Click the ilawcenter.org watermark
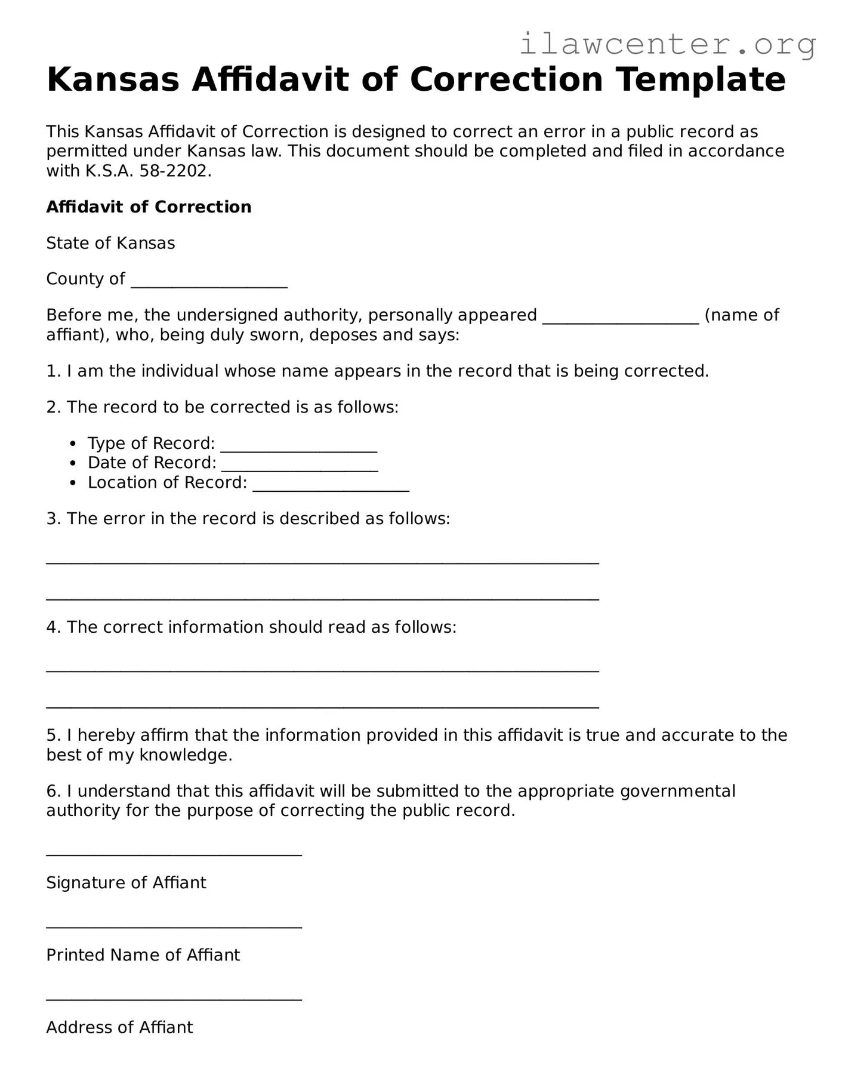pyautogui.click(x=667, y=44)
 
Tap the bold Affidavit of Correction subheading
pyautogui.click(x=149, y=207)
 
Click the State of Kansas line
pyautogui.click(x=110, y=244)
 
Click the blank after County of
pyautogui.click(x=209, y=282)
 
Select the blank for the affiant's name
pyautogui.click(x=620, y=318)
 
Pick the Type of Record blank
pyautogui.click(x=298, y=446)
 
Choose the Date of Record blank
pyautogui.click(x=300, y=466)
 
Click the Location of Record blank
pyautogui.click(x=331, y=485)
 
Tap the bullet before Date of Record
pyautogui.click(x=73, y=463)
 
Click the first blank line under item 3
pyautogui.click(x=322, y=562)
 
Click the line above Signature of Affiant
pyautogui.click(x=174, y=855)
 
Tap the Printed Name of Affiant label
pyautogui.click(x=143, y=955)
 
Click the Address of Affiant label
pyautogui.click(x=119, y=1027)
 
